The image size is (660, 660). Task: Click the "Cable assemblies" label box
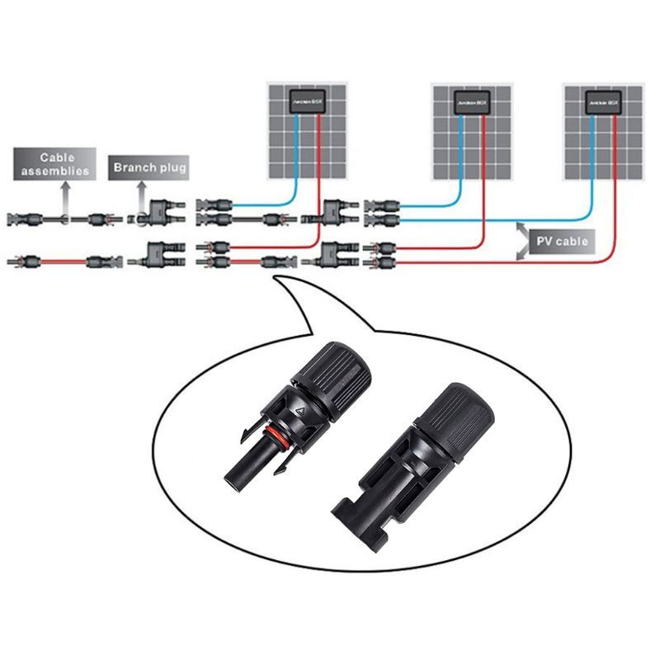click(x=51, y=163)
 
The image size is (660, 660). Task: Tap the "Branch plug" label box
click(x=149, y=167)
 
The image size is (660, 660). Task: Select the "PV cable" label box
click(x=560, y=241)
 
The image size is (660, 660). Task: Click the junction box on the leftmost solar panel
click(x=308, y=102)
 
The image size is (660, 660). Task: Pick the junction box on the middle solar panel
click(x=473, y=102)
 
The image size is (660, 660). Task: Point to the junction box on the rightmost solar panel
click(x=603, y=102)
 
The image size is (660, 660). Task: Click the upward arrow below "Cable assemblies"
click(x=64, y=196)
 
